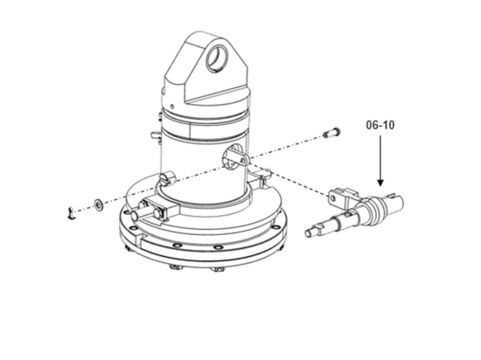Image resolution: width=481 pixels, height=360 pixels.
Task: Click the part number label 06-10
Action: click(x=380, y=126)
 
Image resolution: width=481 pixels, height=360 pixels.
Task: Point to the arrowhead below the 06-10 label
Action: click(x=380, y=182)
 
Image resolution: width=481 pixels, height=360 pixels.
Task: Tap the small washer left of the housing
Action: click(x=99, y=204)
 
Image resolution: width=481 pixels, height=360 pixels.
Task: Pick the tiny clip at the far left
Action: click(x=72, y=211)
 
